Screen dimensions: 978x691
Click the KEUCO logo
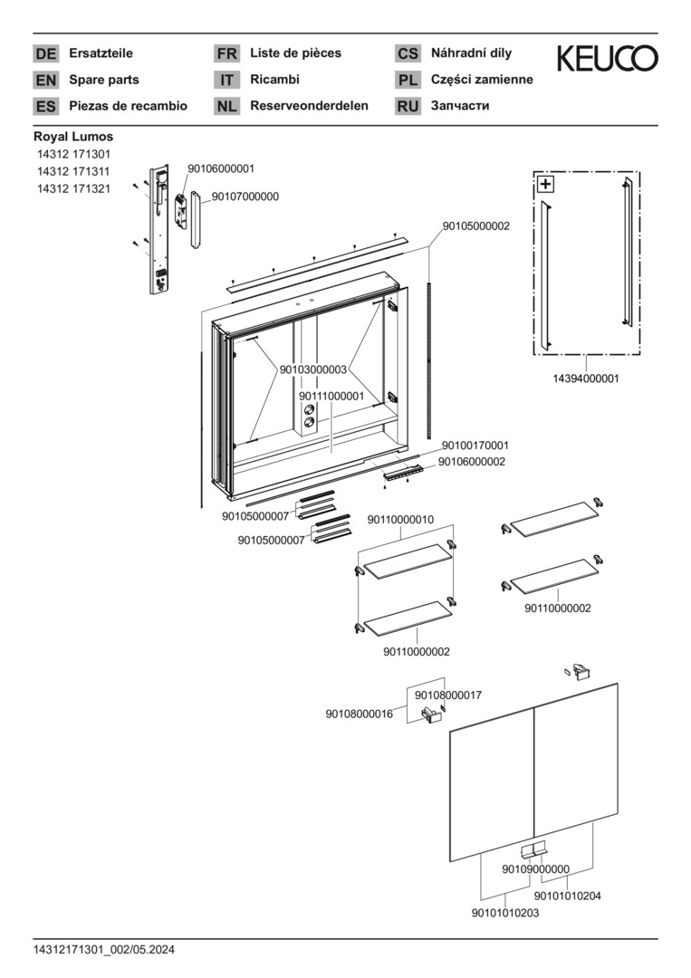click(x=607, y=59)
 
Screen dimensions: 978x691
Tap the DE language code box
click(x=45, y=53)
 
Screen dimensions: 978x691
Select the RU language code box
click(x=408, y=106)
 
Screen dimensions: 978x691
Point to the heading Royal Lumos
click(x=73, y=137)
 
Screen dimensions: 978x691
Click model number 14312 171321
click(x=73, y=188)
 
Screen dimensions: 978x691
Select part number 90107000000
click(x=245, y=196)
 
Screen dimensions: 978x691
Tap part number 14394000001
click(x=586, y=379)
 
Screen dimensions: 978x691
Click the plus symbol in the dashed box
click(x=545, y=185)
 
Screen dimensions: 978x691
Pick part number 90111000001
click(x=331, y=396)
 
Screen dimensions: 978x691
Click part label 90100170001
click(x=475, y=446)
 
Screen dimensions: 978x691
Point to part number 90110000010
click(x=400, y=519)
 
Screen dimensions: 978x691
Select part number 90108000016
click(x=360, y=714)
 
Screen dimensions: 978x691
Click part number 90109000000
click(x=536, y=869)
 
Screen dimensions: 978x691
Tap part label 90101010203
click(x=505, y=913)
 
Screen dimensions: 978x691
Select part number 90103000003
click(x=313, y=369)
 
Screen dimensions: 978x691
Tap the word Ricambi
click(x=274, y=80)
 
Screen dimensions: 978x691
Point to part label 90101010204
click(x=568, y=896)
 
